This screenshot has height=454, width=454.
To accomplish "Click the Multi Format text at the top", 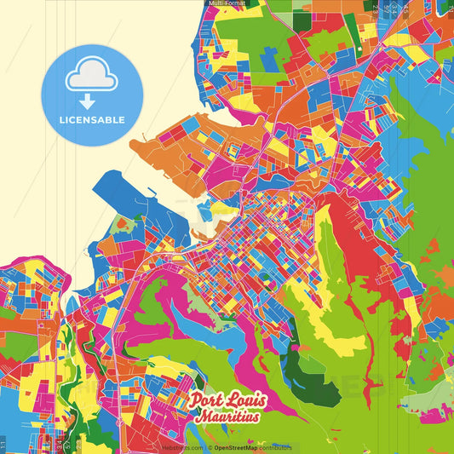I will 227,3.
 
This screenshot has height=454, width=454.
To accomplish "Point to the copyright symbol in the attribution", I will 209,447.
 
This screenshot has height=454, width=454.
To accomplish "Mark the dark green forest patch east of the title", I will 300,367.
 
